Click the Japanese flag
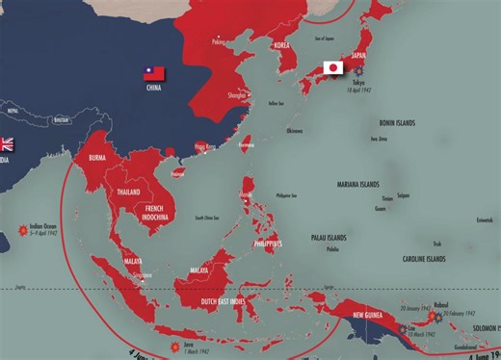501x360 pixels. click(333, 68)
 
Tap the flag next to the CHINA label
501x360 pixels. click(154, 73)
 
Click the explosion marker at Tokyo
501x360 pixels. click(359, 71)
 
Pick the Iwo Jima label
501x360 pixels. click(379, 139)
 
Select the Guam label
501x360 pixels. click(381, 208)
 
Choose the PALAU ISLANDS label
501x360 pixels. click(333, 237)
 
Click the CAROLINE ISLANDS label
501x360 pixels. click(428, 259)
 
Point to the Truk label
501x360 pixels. click(437, 243)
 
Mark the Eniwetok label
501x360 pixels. click(484, 219)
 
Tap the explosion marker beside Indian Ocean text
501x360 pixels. click(21, 229)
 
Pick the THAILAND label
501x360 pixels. click(128, 192)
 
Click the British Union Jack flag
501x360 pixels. click(6, 144)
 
